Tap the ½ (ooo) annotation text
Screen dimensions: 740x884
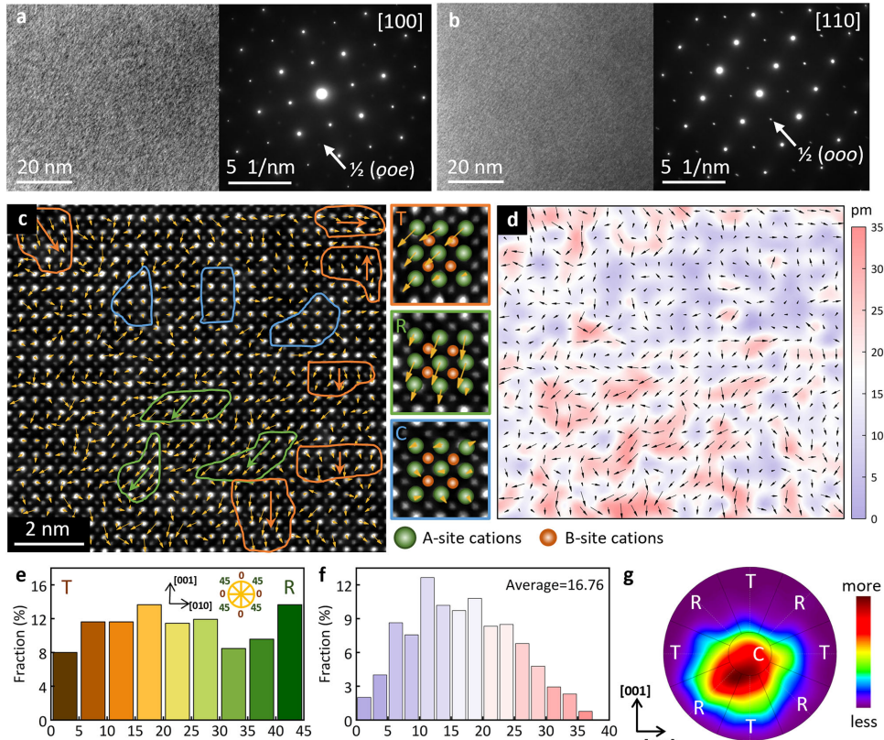coord(829,155)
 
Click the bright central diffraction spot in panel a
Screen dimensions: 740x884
coord(321,93)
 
